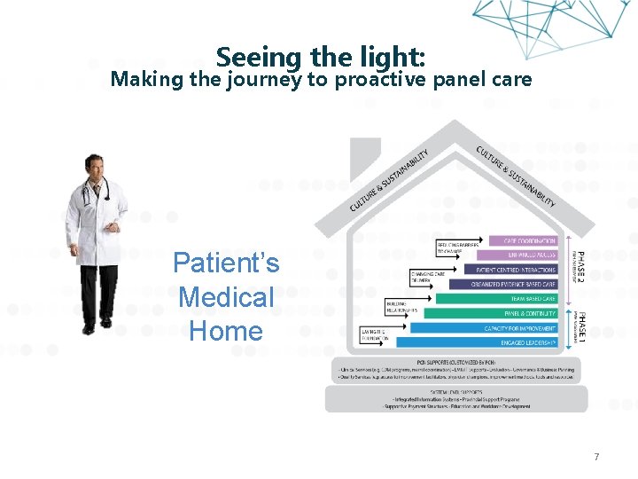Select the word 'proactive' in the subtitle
click(x=382, y=80)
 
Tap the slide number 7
click(x=596, y=457)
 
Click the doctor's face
click(x=95, y=168)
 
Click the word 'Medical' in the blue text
click(x=226, y=297)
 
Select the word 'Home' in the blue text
click(x=226, y=332)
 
